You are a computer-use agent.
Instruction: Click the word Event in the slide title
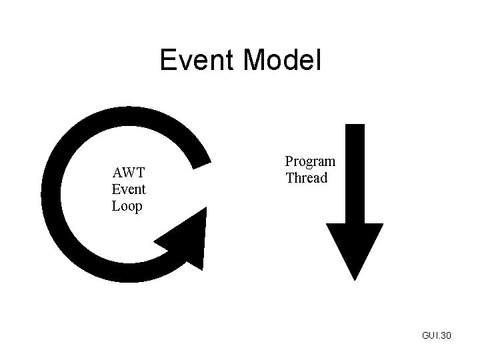[x=197, y=61]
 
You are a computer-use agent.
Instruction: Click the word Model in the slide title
[x=282, y=61]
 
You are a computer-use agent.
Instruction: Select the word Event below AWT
[x=129, y=190]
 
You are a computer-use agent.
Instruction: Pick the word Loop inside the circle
[x=127, y=206]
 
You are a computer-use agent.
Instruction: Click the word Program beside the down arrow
[x=310, y=162]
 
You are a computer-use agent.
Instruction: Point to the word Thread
[x=307, y=178]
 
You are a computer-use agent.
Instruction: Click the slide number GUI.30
[x=436, y=335]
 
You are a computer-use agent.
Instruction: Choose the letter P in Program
[x=290, y=162]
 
